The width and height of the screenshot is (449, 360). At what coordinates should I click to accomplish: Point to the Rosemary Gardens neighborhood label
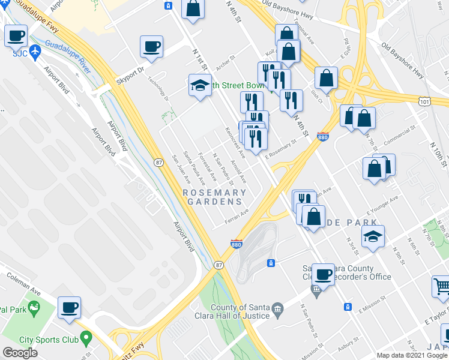click(214, 197)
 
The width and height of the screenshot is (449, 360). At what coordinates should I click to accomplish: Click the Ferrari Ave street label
click(237, 214)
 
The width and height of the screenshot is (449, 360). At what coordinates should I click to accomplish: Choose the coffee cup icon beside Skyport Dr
click(151, 47)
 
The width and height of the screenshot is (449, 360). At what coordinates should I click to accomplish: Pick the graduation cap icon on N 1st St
click(199, 85)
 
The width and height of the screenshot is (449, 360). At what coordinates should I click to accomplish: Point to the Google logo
click(20, 353)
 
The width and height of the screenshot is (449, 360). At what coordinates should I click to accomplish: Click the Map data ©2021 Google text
click(411, 355)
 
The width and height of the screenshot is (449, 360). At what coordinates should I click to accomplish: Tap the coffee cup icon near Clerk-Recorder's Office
click(323, 275)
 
